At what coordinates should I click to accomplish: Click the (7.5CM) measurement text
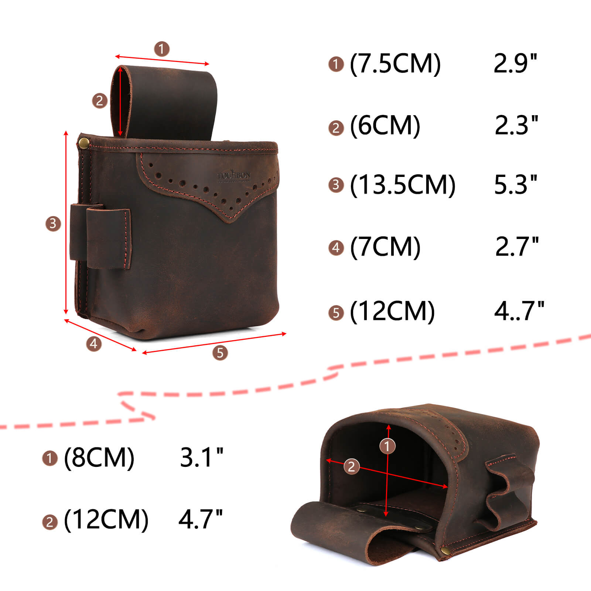click(395, 64)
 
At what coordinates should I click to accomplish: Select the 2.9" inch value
click(515, 64)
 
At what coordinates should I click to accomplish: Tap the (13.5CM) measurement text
click(403, 185)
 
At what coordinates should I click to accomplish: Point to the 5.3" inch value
click(516, 185)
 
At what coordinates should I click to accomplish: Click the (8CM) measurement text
click(99, 458)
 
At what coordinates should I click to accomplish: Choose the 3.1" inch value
click(202, 458)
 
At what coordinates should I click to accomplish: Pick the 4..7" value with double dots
click(519, 311)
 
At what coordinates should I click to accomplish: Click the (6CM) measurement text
click(385, 126)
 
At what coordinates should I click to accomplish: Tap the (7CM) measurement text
click(385, 247)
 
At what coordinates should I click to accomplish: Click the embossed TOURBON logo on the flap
click(234, 176)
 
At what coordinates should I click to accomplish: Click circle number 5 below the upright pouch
click(220, 353)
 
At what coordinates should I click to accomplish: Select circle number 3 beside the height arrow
click(53, 223)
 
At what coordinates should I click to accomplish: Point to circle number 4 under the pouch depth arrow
click(93, 344)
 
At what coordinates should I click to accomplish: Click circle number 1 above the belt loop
click(161, 48)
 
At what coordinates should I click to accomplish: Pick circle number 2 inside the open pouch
click(351, 467)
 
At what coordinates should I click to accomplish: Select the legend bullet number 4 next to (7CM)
click(336, 247)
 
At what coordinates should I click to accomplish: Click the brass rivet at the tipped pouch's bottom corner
click(445, 551)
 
